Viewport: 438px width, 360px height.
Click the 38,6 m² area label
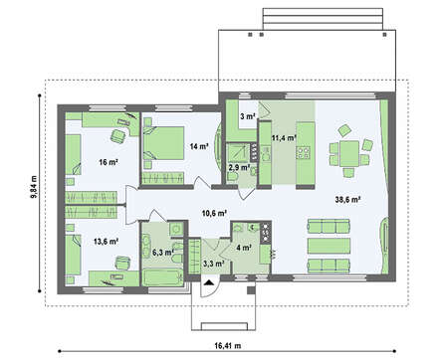click(x=347, y=199)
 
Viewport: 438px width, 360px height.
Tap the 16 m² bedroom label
click(x=109, y=162)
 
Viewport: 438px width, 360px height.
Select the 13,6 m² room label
click(x=106, y=242)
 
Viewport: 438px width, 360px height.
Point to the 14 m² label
click(x=199, y=146)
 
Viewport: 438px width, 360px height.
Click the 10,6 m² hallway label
click(x=214, y=213)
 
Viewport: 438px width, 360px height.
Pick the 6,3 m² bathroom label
click(x=163, y=253)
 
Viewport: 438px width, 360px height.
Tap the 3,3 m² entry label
click(x=213, y=264)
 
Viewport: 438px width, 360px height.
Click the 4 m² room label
click(x=244, y=248)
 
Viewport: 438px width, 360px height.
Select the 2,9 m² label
click(x=239, y=167)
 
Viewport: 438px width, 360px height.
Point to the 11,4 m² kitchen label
click(x=284, y=137)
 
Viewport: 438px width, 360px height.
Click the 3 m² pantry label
click(x=248, y=116)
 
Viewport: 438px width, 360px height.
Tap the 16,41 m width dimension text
click(x=228, y=346)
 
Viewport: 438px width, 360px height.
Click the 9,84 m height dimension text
click(x=34, y=187)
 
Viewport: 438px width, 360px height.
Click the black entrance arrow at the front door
click(x=209, y=282)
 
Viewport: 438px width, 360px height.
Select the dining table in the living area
click(x=349, y=154)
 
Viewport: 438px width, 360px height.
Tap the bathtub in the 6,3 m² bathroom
click(x=163, y=277)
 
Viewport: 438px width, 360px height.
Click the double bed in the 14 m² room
click(x=163, y=143)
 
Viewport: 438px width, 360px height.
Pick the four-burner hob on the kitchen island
click(x=304, y=152)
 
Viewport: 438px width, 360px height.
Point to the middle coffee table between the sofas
click(x=328, y=246)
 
